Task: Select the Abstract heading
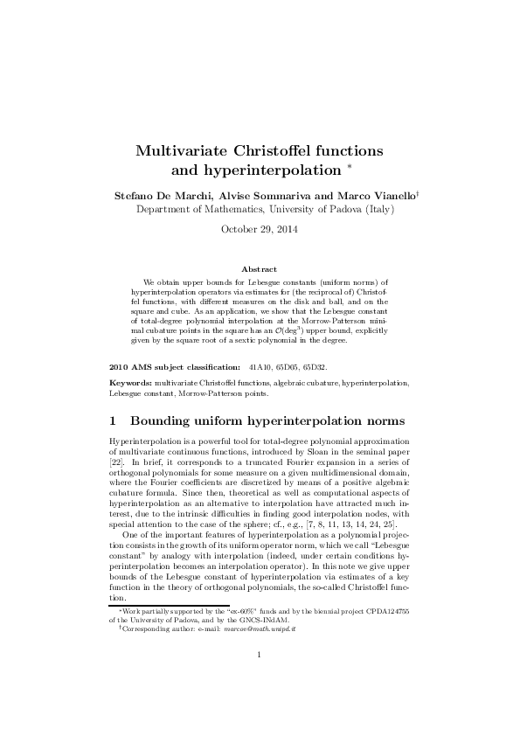pyautogui.click(x=260, y=269)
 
